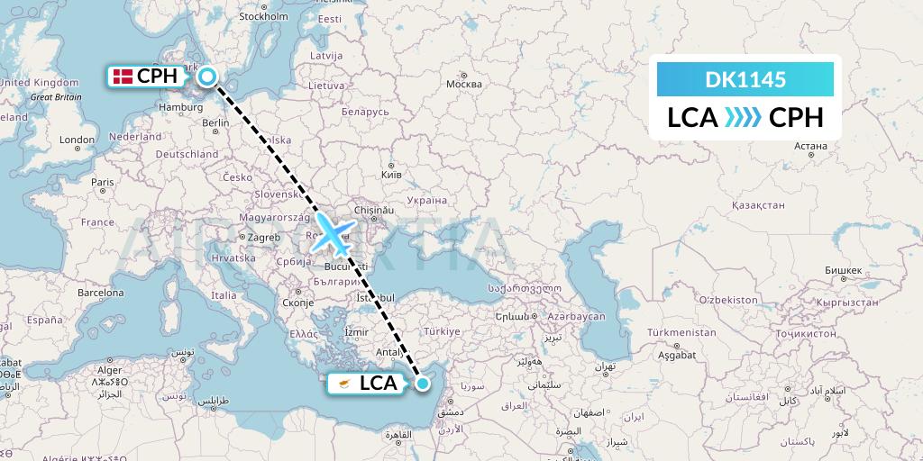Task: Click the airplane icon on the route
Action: [333, 233]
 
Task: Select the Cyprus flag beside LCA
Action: [343, 384]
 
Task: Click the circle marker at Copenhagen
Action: [207, 77]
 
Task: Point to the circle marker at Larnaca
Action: [422, 384]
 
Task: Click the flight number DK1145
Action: [745, 80]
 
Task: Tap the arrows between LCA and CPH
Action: [742, 118]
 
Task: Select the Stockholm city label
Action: [263, 16]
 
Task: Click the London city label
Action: [77, 140]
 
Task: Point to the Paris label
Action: [103, 182]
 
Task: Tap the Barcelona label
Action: [100, 293]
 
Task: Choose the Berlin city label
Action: [216, 123]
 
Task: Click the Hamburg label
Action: [178, 106]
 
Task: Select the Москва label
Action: [464, 85]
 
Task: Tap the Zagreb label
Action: [264, 238]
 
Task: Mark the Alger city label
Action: [109, 369]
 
